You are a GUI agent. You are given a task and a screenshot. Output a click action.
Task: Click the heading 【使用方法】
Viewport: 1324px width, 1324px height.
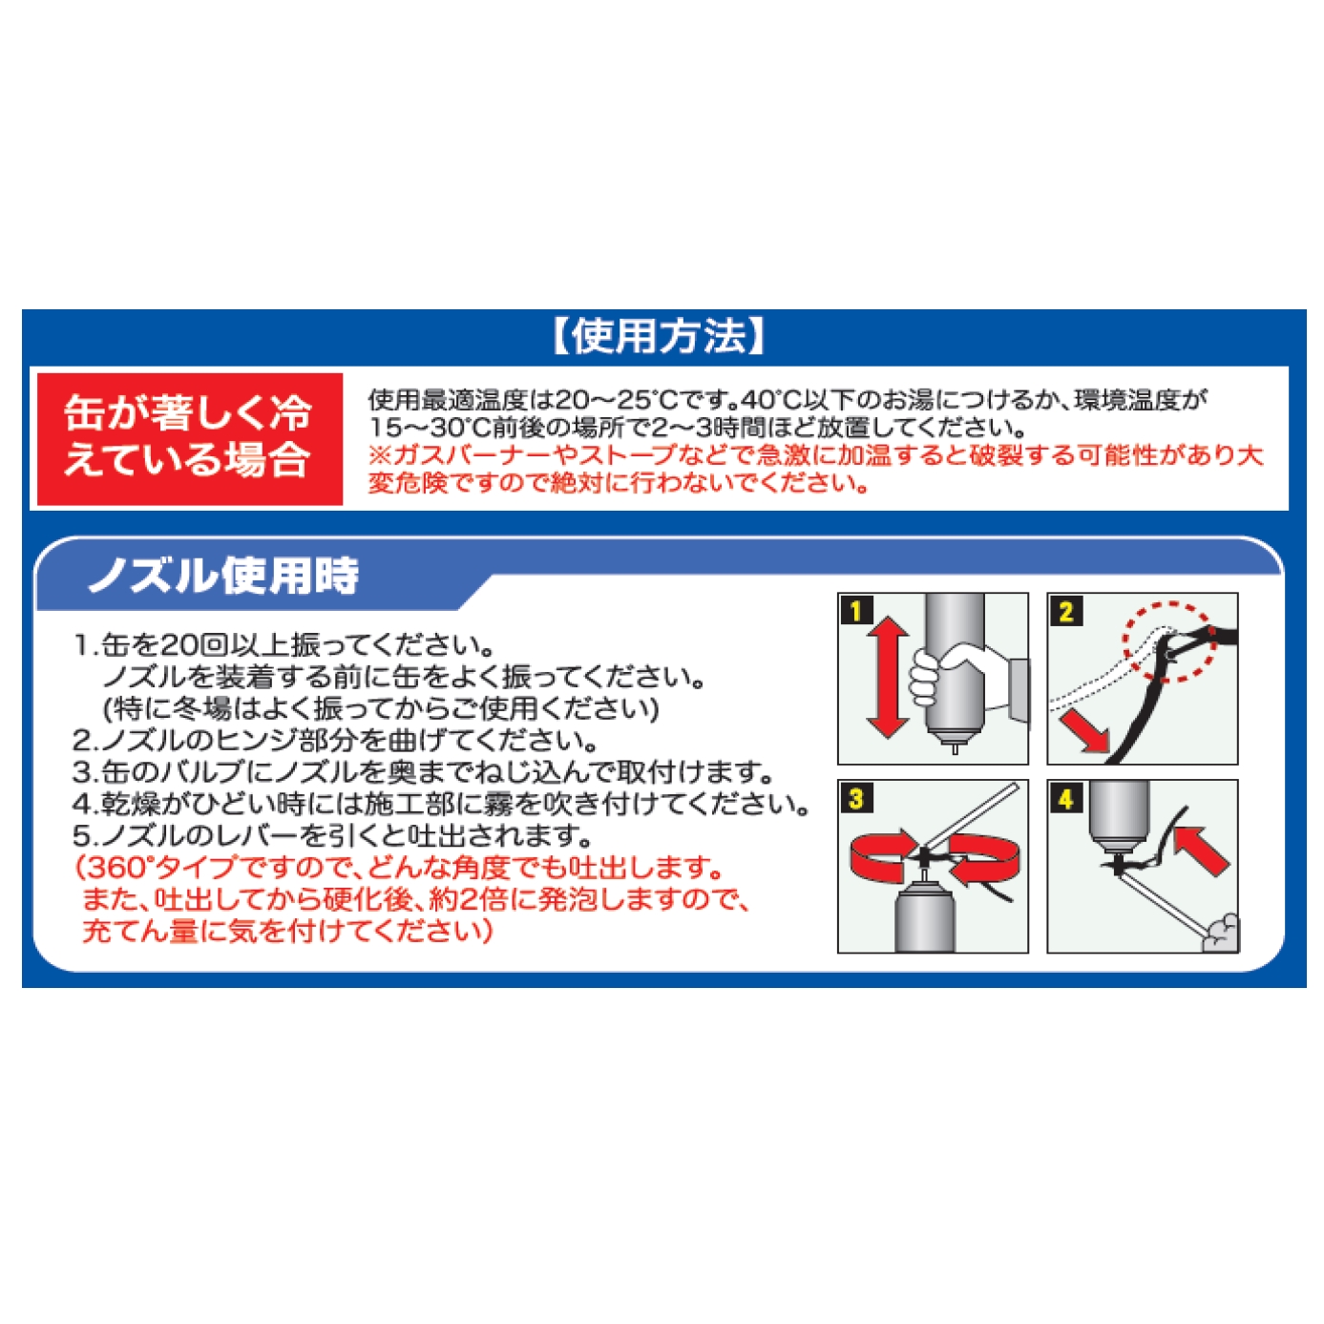pos(659,337)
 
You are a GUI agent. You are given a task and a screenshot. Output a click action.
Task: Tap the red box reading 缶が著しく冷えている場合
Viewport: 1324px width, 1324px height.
pos(190,439)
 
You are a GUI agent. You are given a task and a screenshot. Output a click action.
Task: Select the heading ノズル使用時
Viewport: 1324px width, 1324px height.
pos(223,575)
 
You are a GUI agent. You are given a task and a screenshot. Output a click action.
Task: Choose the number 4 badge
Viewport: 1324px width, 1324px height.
pos(1065,798)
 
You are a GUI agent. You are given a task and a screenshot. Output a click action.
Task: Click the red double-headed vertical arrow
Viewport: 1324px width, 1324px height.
pos(889,677)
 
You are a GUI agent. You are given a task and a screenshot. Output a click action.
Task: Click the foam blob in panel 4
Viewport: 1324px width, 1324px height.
pos(1221,933)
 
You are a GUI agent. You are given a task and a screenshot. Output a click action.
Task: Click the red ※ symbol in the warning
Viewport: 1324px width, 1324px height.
pos(380,456)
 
